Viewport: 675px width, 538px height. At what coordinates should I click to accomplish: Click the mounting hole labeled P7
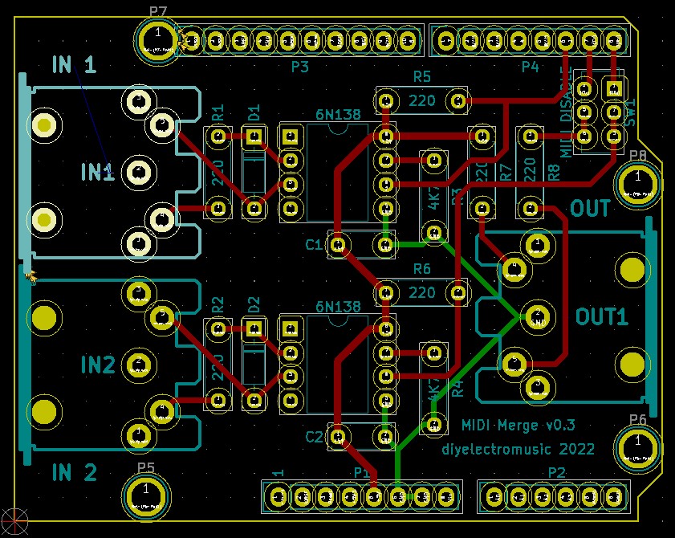[158, 38]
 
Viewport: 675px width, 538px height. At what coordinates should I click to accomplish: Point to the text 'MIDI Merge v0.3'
[518, 426]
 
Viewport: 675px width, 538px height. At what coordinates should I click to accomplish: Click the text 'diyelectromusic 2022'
[518, 449]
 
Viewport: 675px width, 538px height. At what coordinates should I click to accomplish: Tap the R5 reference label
[421, 76]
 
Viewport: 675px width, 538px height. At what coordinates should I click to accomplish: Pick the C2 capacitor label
[314, 437]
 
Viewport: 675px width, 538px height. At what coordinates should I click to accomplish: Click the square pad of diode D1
[254, 137]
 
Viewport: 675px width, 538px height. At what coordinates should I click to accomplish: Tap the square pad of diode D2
[254, 328]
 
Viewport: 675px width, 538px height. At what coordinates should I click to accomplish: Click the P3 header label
[299, 67]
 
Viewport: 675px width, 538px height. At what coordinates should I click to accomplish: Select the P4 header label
[530, 67]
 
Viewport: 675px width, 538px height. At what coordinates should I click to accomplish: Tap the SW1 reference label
[630, 108]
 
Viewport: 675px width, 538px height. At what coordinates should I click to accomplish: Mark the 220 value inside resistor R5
[421, 101]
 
